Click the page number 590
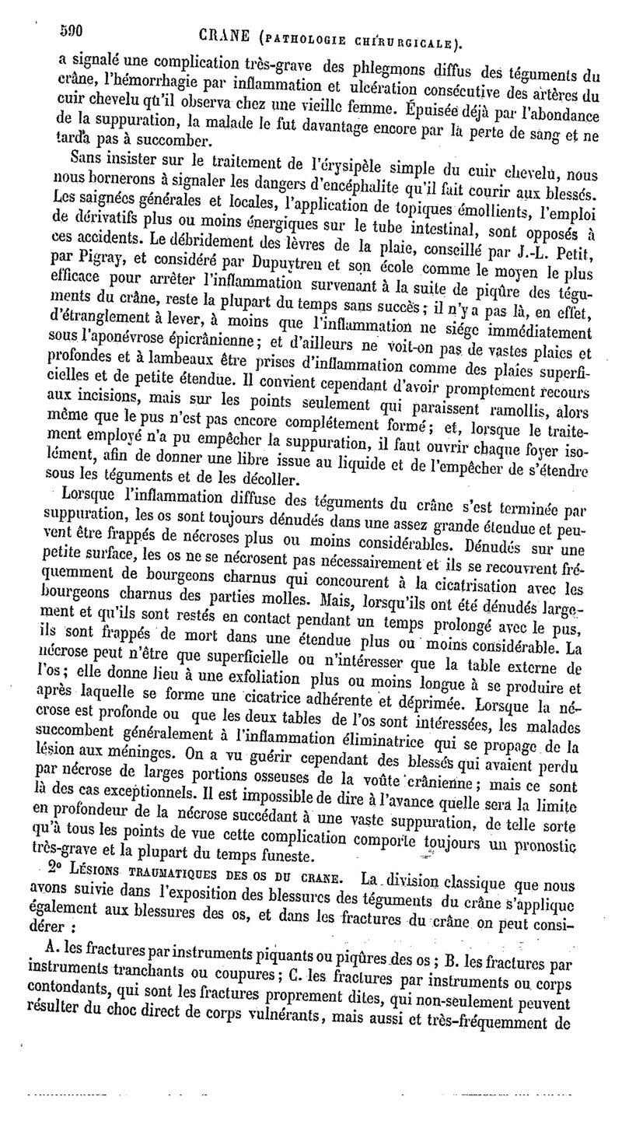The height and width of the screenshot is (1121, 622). tap(71, 31)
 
